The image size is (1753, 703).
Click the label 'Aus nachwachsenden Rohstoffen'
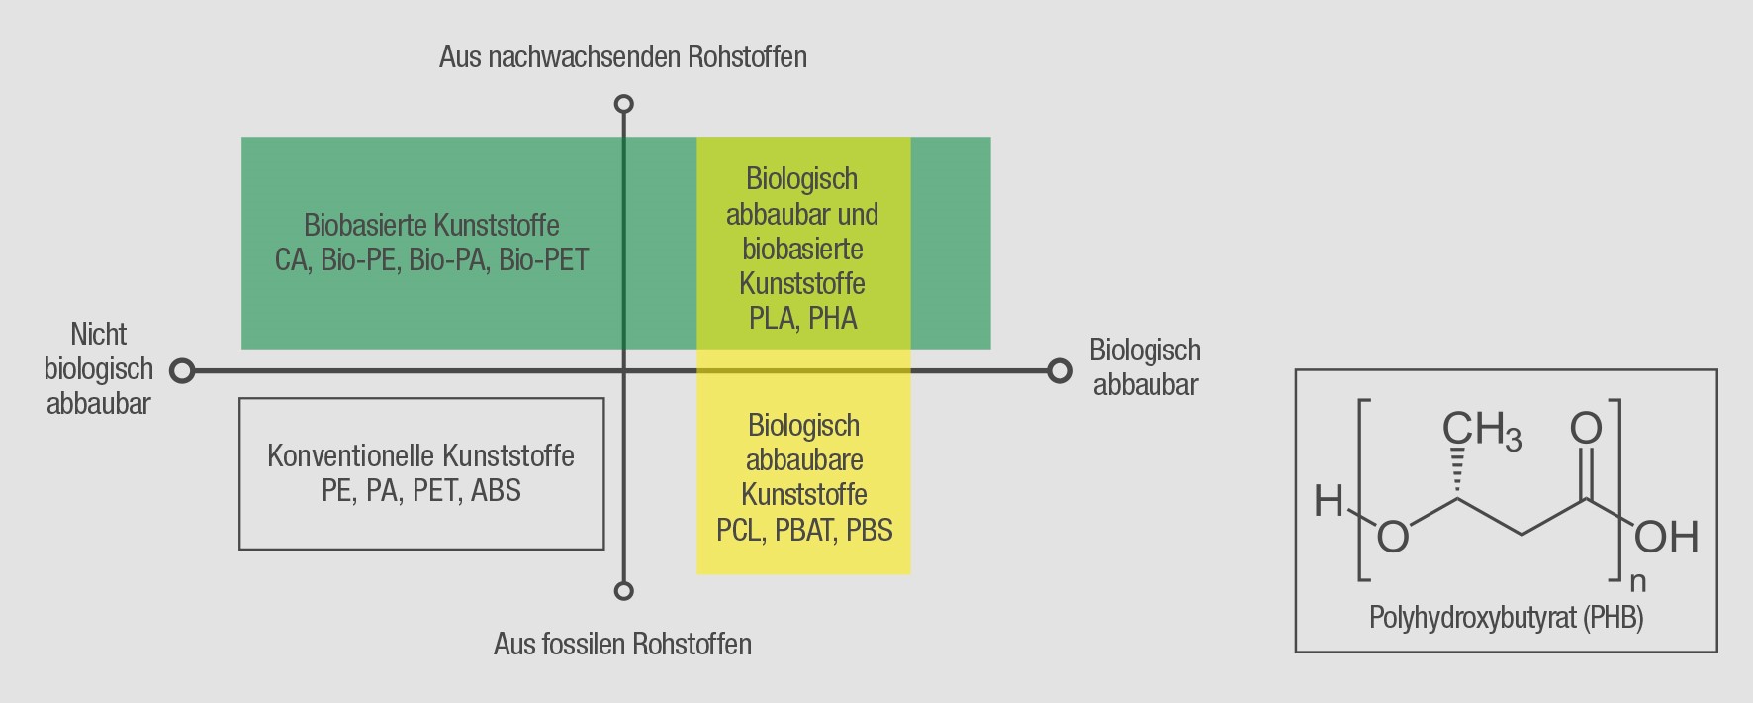[622, 57]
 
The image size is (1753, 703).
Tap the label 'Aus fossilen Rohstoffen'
[622, 645]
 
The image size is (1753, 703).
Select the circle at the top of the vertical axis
[623, 104]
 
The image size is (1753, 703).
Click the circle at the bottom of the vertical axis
[623, 591]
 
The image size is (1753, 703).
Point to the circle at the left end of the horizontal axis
[181, 371]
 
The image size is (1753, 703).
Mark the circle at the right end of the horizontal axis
[1060, 371]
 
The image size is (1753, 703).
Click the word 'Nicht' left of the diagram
[99, 334]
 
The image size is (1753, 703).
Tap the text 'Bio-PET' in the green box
[543, 260]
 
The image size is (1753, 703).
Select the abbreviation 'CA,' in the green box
[293, 260]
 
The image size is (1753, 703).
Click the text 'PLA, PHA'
[802, 319]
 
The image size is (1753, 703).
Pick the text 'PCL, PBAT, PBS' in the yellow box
[804, 530]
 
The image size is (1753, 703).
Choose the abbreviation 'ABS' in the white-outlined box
[496, 491]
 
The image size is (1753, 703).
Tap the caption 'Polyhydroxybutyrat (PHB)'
[1506, 618]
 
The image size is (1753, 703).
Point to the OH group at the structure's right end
[1666, 538]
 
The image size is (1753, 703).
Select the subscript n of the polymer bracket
[1637, 581]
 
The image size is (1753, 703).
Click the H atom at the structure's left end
[1328, 502]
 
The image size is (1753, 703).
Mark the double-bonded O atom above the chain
[1586, 429]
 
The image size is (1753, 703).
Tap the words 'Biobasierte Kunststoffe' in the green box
[431, 226]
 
